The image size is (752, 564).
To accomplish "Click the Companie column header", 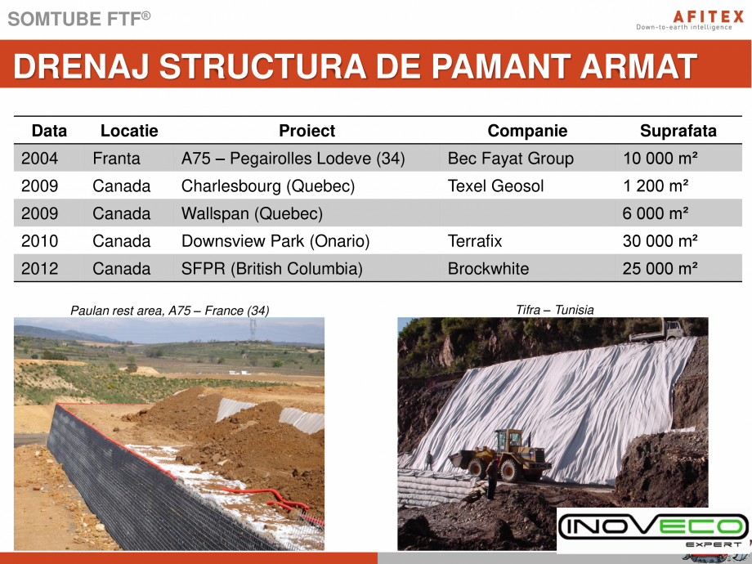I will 527,131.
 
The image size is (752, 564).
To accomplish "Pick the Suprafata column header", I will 678,131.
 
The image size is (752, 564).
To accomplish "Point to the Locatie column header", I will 129,131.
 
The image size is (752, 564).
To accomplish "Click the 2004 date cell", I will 39,159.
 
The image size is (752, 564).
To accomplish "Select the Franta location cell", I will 116,159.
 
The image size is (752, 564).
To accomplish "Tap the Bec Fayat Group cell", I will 510,159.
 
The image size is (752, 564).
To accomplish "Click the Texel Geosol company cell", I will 495,186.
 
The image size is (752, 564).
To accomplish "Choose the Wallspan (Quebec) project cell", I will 252,214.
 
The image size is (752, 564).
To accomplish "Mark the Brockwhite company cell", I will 488,269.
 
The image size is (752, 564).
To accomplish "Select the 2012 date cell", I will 39,269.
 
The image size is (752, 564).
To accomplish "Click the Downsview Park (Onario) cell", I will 275,241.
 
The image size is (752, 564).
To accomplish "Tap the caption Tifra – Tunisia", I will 554,310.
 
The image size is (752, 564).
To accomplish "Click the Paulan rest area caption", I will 169,310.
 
